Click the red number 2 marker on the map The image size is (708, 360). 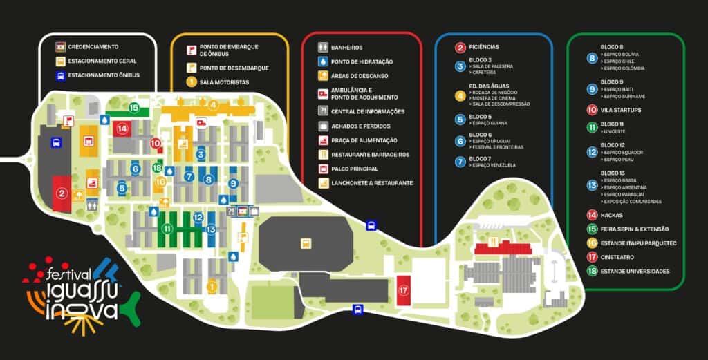tap(62, 194)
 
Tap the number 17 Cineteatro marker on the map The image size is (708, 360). tap(404, 291)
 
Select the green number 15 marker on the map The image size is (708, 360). tap(133, 107)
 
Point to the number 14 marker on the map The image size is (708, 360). tap(122, 128)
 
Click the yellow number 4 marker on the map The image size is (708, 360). tap(214, 105)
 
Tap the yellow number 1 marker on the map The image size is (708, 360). tap(212, 286)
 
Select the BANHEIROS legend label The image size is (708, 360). tap(346, 48)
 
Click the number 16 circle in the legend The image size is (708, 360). tap(592, 243)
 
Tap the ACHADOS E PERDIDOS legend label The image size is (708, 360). tap(360, 126)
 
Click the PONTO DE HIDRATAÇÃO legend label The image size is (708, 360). tap(362, 61)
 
